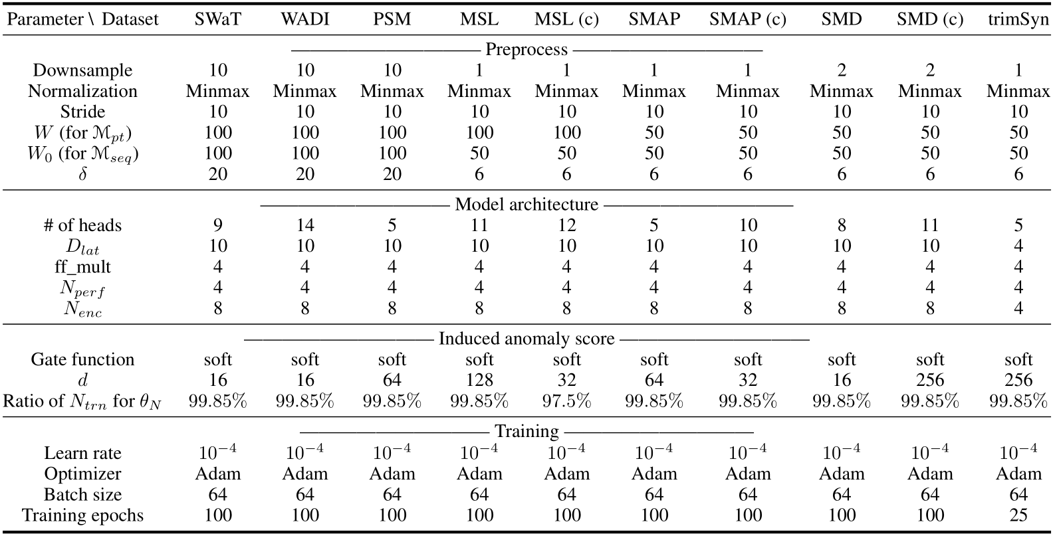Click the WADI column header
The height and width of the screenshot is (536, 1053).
[304, 19]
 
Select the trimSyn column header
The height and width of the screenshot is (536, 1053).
[1017, 19]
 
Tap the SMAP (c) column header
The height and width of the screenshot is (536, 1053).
[747, 19]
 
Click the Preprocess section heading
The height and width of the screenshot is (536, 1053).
[526, 49]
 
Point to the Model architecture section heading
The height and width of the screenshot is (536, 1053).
[526, 204]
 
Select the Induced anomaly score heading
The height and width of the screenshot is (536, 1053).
[526, 339]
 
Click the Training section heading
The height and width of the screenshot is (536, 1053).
[526, 432]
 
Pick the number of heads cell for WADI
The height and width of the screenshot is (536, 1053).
[304, 225]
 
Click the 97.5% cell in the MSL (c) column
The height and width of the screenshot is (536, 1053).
[566, 401]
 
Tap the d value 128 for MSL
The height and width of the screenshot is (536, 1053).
[479, 380]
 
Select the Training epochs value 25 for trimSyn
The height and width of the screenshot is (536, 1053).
[1018, 515]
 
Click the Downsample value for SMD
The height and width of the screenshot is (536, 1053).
[841, 70]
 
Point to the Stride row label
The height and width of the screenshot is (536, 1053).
[82, 112]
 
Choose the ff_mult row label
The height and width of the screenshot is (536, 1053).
[82, 267]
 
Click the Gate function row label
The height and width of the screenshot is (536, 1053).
[82, 359]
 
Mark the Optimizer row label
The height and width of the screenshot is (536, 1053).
[82, 474]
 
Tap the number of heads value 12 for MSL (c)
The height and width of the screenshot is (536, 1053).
[566, 225]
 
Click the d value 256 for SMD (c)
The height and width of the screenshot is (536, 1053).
[929, 380]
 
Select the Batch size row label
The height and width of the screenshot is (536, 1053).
[82, 494]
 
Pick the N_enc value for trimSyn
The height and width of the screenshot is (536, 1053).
[1018, 308]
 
